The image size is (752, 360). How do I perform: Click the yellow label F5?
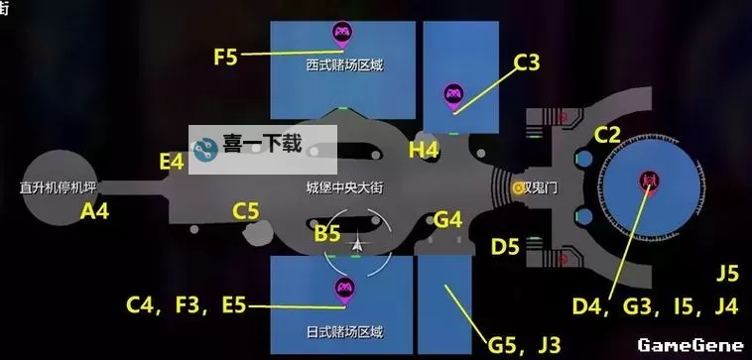pos(226,57)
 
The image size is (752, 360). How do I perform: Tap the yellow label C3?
pos(527,64)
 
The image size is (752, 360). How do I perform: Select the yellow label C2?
pos(607,134)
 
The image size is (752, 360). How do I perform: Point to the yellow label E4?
pos(172,161)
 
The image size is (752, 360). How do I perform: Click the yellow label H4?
pos(424,150)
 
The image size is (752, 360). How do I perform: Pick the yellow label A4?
pos(95,210)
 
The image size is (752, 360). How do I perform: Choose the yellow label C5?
pos(246,210)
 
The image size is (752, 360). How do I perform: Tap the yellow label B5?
pos(327,234)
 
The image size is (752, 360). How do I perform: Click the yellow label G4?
pos(448,219)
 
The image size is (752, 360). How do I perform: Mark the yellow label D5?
pos(505,246)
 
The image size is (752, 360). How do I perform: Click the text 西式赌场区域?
pos(344,66)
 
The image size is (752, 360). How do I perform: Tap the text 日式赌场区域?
pos(344,331)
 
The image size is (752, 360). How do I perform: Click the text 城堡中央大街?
pos(344,186)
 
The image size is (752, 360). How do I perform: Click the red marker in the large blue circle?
pos(650,181)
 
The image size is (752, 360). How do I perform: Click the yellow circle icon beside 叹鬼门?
pos(518,186)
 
